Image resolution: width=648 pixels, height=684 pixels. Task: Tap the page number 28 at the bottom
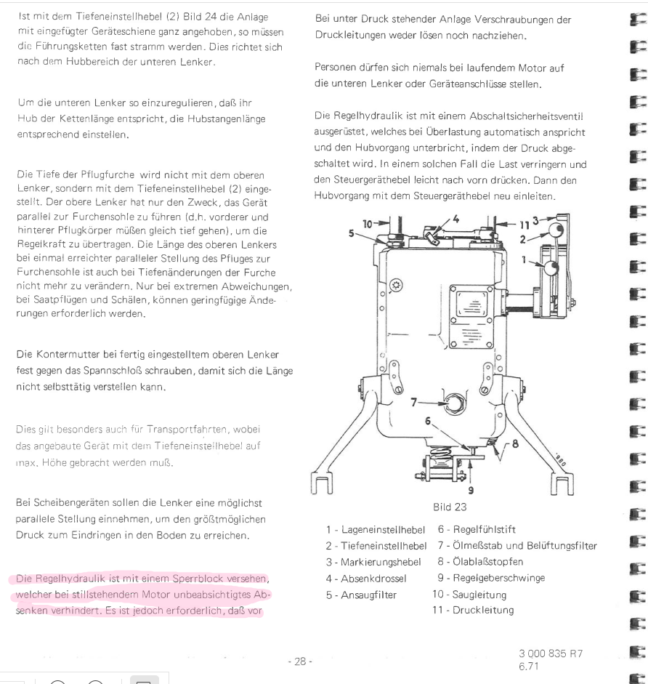click(x=299, y=662)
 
